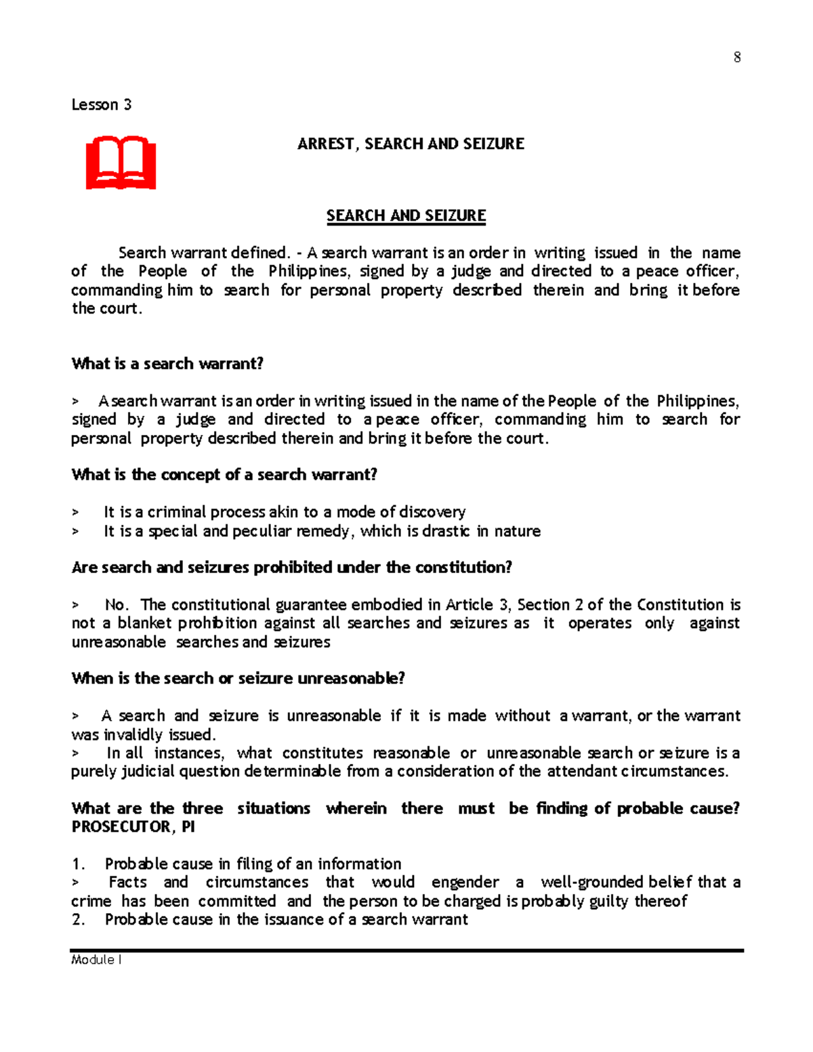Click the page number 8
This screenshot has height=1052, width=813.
pos(737,58)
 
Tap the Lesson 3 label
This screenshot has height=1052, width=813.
pos(102,105)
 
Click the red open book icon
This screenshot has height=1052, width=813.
pos(121,163)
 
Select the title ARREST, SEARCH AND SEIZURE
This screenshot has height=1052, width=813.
pos(411,144)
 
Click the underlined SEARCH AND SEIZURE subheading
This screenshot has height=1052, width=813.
pos(406,216)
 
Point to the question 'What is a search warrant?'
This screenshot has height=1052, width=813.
pos(167,364)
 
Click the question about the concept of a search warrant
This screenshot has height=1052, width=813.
pos(224,475)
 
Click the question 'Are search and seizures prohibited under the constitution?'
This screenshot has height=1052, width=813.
pos(291,568)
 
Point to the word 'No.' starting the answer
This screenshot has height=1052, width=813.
pos(117,605)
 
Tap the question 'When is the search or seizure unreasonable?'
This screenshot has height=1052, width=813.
pos(238,679)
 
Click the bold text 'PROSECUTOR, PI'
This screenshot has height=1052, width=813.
pos(133,827)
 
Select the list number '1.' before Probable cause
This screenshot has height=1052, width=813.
pos(79,864)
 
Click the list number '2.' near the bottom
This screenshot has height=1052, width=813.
pos(79,920)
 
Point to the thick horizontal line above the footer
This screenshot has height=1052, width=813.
pos(406,950)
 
